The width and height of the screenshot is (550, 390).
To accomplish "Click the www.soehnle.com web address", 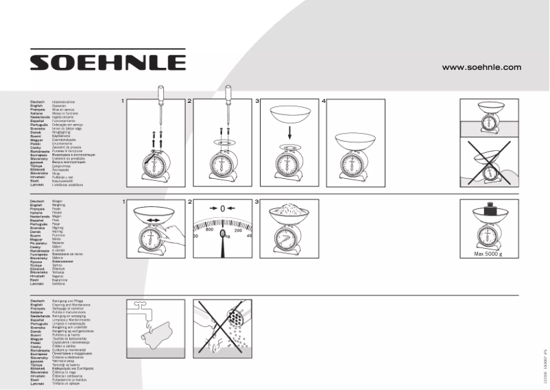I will pyautogui.click(x=481, y=67).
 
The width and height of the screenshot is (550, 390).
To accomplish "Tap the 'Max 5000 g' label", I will pyautogui.click(x=488, y=254).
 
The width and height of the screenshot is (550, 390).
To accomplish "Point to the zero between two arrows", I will pyautogui.click(x=222, y=208).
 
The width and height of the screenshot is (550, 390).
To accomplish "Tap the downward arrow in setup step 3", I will pyautogui.click(x=289, y=133).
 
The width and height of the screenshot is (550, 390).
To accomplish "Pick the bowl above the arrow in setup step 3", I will pyautogui.click(x=289, y=112).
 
